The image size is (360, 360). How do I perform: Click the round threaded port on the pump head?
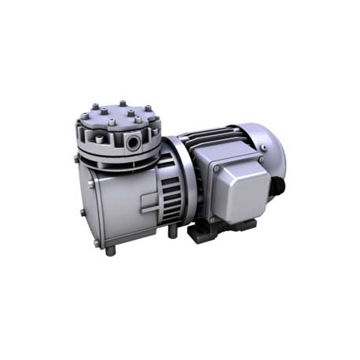point(136,141)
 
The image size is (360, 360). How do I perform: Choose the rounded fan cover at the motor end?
point(271,149)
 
